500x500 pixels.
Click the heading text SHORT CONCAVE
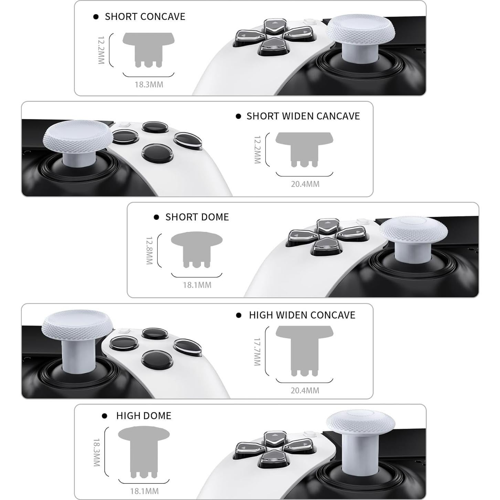coord(145,17)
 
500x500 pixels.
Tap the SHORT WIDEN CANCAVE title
coord(303,116)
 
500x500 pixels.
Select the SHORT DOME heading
coord(197,217)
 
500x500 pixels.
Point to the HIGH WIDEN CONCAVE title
coord(302,315)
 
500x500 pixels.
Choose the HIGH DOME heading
coord(143,415)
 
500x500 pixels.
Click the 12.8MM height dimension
coord(149,251)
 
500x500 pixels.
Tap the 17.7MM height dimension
coord(257,351)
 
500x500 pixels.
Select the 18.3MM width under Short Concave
coord(149,84)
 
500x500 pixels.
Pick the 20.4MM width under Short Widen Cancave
coord(305,184)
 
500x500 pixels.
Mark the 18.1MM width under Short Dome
coord(197,285)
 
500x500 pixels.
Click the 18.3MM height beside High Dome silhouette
coord(96,452)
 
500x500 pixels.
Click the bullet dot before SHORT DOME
coord(157,217)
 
